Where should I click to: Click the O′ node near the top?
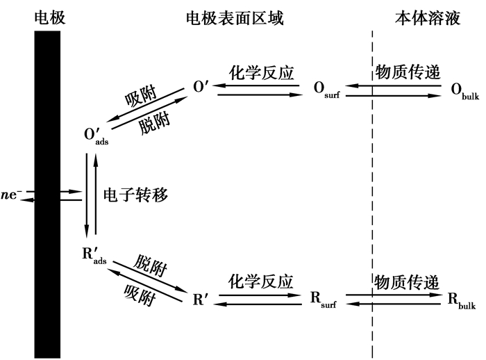coord(201,89)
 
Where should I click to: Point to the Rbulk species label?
coord(461,301)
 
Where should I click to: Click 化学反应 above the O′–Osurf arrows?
coord(261,72)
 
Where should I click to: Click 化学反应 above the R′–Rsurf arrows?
coord(261,281)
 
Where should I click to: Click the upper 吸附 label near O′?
coord(140,96)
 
